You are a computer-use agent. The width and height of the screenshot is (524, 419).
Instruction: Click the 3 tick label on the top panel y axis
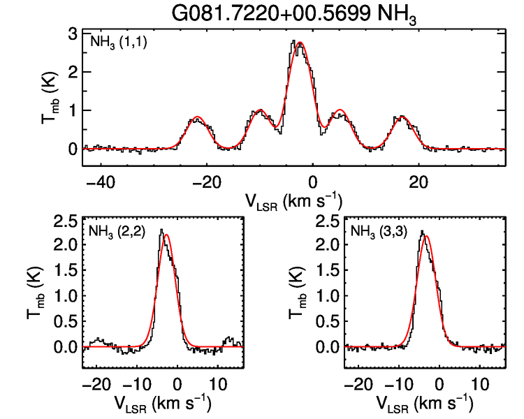point(72,34)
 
